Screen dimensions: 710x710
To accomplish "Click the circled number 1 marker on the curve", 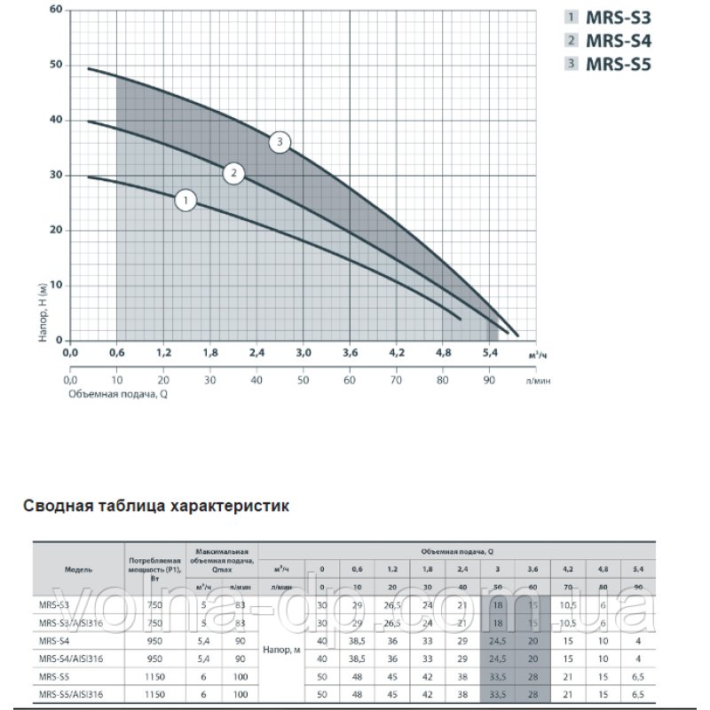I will coord(185,201).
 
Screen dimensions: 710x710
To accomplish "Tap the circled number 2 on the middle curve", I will coord(233,173).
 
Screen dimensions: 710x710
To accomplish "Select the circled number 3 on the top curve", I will coord(280,142).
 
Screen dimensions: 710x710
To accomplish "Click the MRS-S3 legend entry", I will coord(616,16).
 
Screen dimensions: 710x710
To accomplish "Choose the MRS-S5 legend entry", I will coord(616,63).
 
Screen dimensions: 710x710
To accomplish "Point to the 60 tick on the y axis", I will coord(57,10).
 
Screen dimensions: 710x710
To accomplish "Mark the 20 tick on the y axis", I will coord(57,230).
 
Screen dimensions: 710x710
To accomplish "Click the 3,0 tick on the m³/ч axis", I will coord(302,353).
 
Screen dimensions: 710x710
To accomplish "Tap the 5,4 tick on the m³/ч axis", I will coord(488,353).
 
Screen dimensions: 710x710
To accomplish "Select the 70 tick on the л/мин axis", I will coord(396,380).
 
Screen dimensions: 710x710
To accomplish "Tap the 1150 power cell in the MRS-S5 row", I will coord(154,675).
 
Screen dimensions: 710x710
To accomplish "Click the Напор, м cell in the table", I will coord(282,651).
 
